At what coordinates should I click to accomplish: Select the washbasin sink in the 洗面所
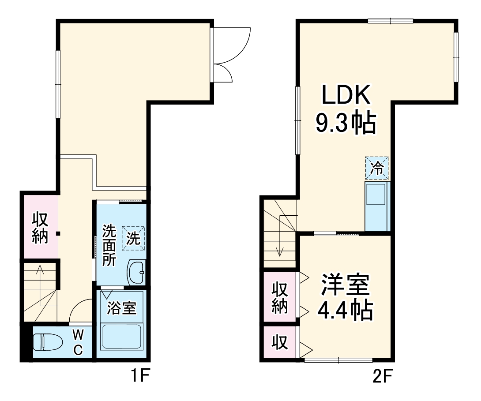(136, 273)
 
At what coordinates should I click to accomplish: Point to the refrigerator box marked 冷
(377, 168)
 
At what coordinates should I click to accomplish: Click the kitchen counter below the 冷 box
(376, 206)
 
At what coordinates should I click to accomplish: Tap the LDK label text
(345, 95)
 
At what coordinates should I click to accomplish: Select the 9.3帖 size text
(345, 124)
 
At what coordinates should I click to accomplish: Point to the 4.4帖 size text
(345, 311)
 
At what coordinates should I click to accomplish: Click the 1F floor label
(141, 376)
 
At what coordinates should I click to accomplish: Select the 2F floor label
(382, 376)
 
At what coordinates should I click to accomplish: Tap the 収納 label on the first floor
(40, 228)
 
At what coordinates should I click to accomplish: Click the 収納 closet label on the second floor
(280, 297)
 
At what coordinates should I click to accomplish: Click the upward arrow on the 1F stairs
(40, 282)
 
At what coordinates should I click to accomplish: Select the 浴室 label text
(121, 308)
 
